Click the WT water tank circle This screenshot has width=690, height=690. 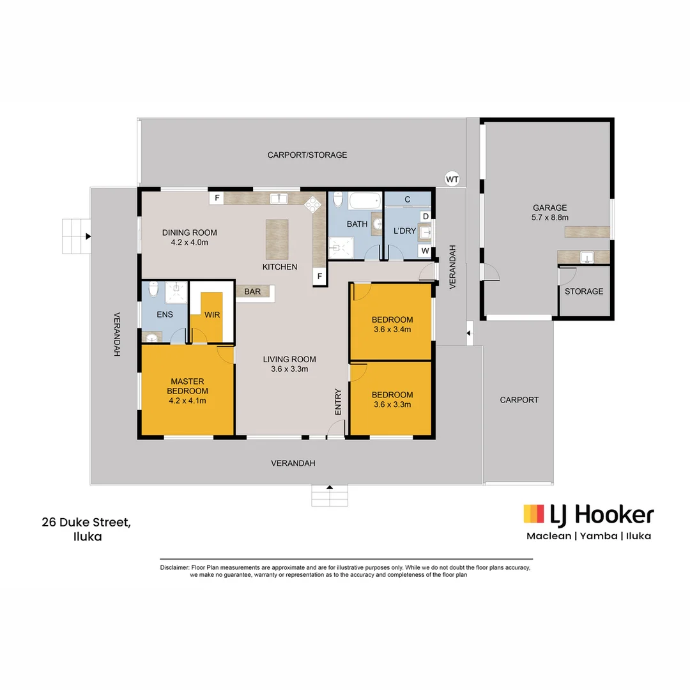click(x=452, y=179)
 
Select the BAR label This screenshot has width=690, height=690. click(x=252, y=291)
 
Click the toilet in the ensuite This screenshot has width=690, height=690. click(x=152, y=291)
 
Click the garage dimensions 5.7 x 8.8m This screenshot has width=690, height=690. click(x=550, y=218)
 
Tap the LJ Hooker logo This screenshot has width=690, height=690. click(x=588, y=514)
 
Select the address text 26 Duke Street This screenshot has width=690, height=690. click(x=87, y=523)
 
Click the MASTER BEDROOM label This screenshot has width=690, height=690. click(x=187, y=386)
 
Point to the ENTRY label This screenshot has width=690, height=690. click(x=338, y=402)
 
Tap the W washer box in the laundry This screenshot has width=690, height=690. click(x=424, y=251)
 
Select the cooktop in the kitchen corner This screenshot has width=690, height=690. click(x=313, y=204)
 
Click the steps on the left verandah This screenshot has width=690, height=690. click(x=75, y=236)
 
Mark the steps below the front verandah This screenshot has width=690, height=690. click(x=330, y=495)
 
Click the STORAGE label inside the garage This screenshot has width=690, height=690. click(x=583, y=291)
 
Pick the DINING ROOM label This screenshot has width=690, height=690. click(x=189, y=233)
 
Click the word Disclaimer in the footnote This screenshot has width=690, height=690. click(x=174, y=567)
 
